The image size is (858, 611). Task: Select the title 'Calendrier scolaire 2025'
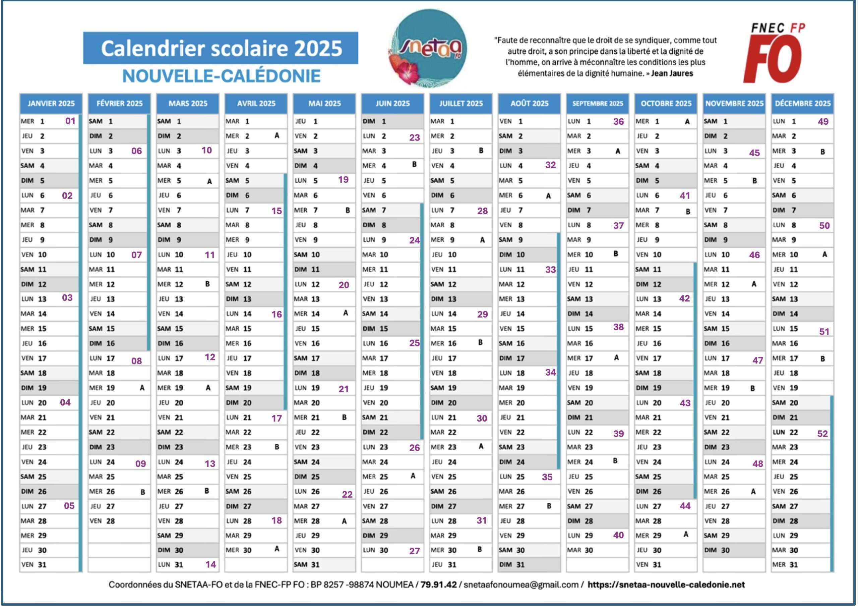click(x=221, y=49)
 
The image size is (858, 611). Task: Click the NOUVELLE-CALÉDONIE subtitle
click(x=221, y=76)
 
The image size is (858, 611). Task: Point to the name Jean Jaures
click(x=672, y=73)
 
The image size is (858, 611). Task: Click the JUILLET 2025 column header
click(x=461, y=104)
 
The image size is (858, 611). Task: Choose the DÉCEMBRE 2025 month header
click(x=802, y=104)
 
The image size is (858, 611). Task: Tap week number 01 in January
click(x=70, y=121)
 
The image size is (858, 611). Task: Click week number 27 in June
click(x=414, y=551)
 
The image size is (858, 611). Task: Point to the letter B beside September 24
click(x=615, y=461)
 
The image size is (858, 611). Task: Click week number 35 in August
click(x=547, y=477)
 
